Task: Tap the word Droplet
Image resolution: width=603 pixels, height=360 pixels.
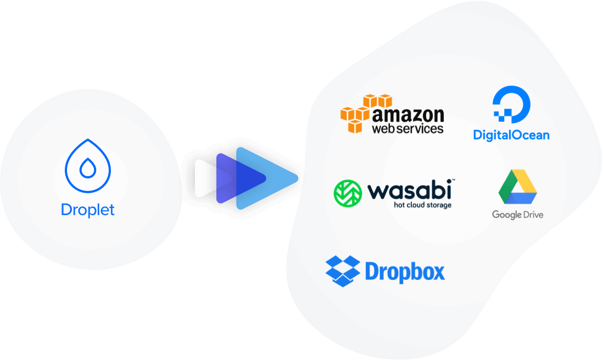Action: point(88,210)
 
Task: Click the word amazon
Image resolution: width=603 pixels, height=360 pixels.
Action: point(407,115)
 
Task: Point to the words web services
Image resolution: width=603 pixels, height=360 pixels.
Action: point(407,130)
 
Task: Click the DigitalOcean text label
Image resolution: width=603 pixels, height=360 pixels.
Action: point(511,134)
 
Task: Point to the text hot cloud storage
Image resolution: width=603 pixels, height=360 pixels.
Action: point(422,205)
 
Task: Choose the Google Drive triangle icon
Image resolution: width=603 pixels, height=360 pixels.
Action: point(517,187)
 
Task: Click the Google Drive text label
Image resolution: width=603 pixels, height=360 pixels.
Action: point(517,215)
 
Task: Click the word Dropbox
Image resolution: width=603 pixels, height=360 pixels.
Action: point(405,272)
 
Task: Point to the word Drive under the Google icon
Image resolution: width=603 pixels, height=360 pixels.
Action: point(532,215)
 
